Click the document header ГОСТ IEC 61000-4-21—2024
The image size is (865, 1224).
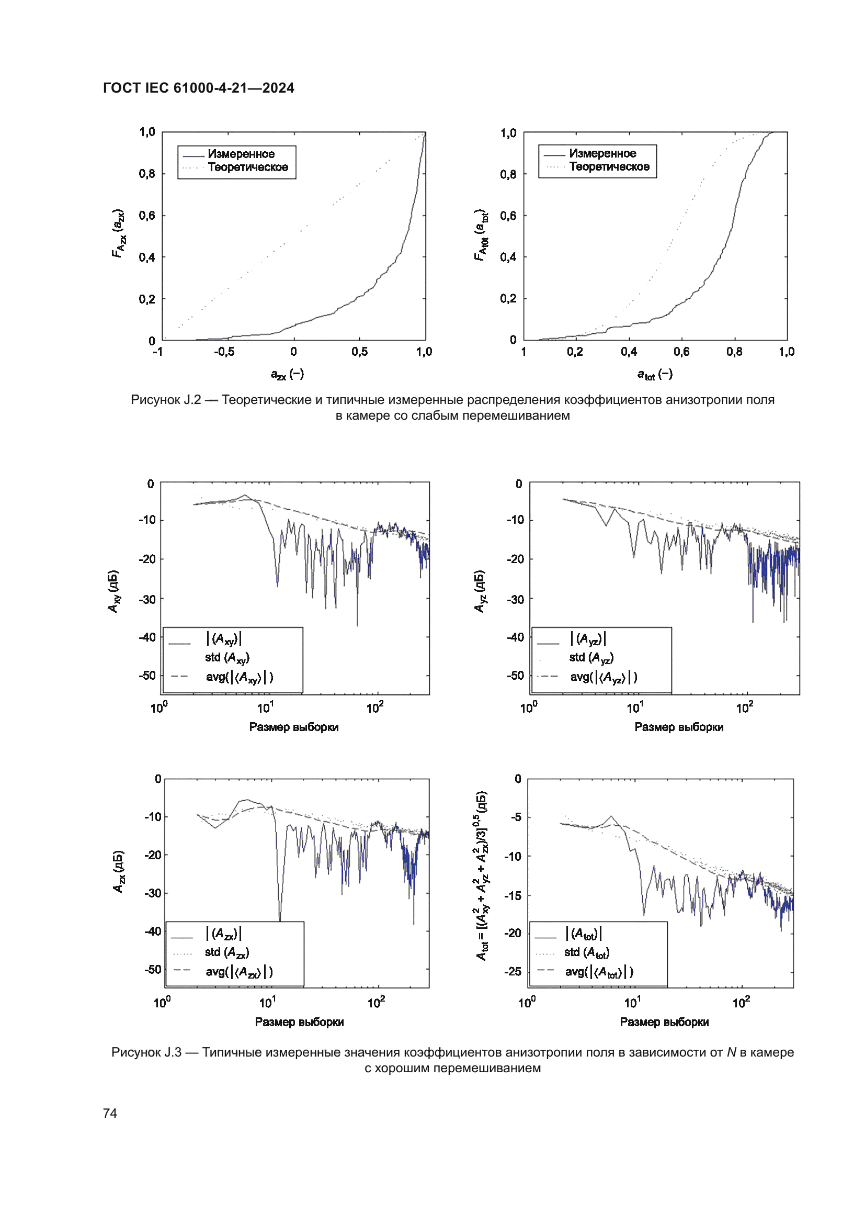198,88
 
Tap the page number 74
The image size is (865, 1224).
110,1113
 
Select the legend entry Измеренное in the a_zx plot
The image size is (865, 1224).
241,154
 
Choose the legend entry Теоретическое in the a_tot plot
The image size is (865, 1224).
609,167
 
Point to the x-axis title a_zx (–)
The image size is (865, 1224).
287,374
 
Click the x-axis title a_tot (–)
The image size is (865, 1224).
655,374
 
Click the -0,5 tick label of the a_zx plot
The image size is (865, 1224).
224,352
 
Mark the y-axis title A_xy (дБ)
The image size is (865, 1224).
114,591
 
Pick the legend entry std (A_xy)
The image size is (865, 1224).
227,658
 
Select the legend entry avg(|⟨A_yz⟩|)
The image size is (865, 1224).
604,677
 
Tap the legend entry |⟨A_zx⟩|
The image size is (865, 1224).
224,934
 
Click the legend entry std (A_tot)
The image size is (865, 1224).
586,952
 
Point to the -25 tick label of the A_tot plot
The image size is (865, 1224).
513,971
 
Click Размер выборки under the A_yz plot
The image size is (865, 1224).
679,727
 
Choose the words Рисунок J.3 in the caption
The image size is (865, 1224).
146,1052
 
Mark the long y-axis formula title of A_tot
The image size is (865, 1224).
482,875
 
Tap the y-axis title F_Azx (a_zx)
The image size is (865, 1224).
119,234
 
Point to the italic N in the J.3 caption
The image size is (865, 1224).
731,1052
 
